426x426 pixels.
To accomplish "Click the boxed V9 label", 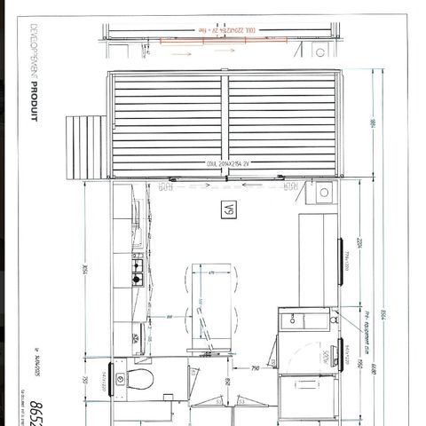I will pyautogui.click(x=229, y=210).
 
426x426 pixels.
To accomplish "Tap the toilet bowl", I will pyautogui.click(x=139, y=379).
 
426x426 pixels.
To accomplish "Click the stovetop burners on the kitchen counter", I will pyautogui.click(x=138, y=272).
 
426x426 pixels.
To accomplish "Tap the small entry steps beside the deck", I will pyautogui.click(x=86, y=147).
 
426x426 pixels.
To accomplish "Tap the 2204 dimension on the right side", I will pyautogui.click(x=359, y=245).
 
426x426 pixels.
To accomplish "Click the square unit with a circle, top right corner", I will pyautogui.click(x=323, y=191).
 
